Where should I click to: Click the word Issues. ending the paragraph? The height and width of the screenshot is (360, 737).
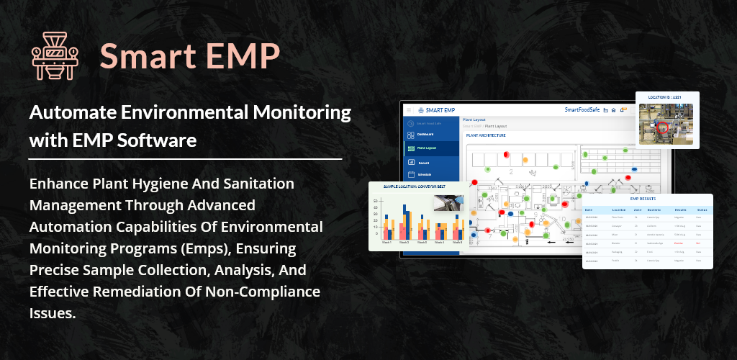[x=53, y=313]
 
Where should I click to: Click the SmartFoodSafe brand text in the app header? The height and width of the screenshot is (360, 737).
[x=582, y=110]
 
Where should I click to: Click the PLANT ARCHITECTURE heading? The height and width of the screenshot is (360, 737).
[x=486, y=135]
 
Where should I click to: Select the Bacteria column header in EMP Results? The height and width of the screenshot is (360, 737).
[x=644, y=209]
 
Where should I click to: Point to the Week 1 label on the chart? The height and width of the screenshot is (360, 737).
[x=386, y=243]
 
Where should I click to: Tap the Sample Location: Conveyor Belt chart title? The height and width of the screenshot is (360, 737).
[x=408, y=186]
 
